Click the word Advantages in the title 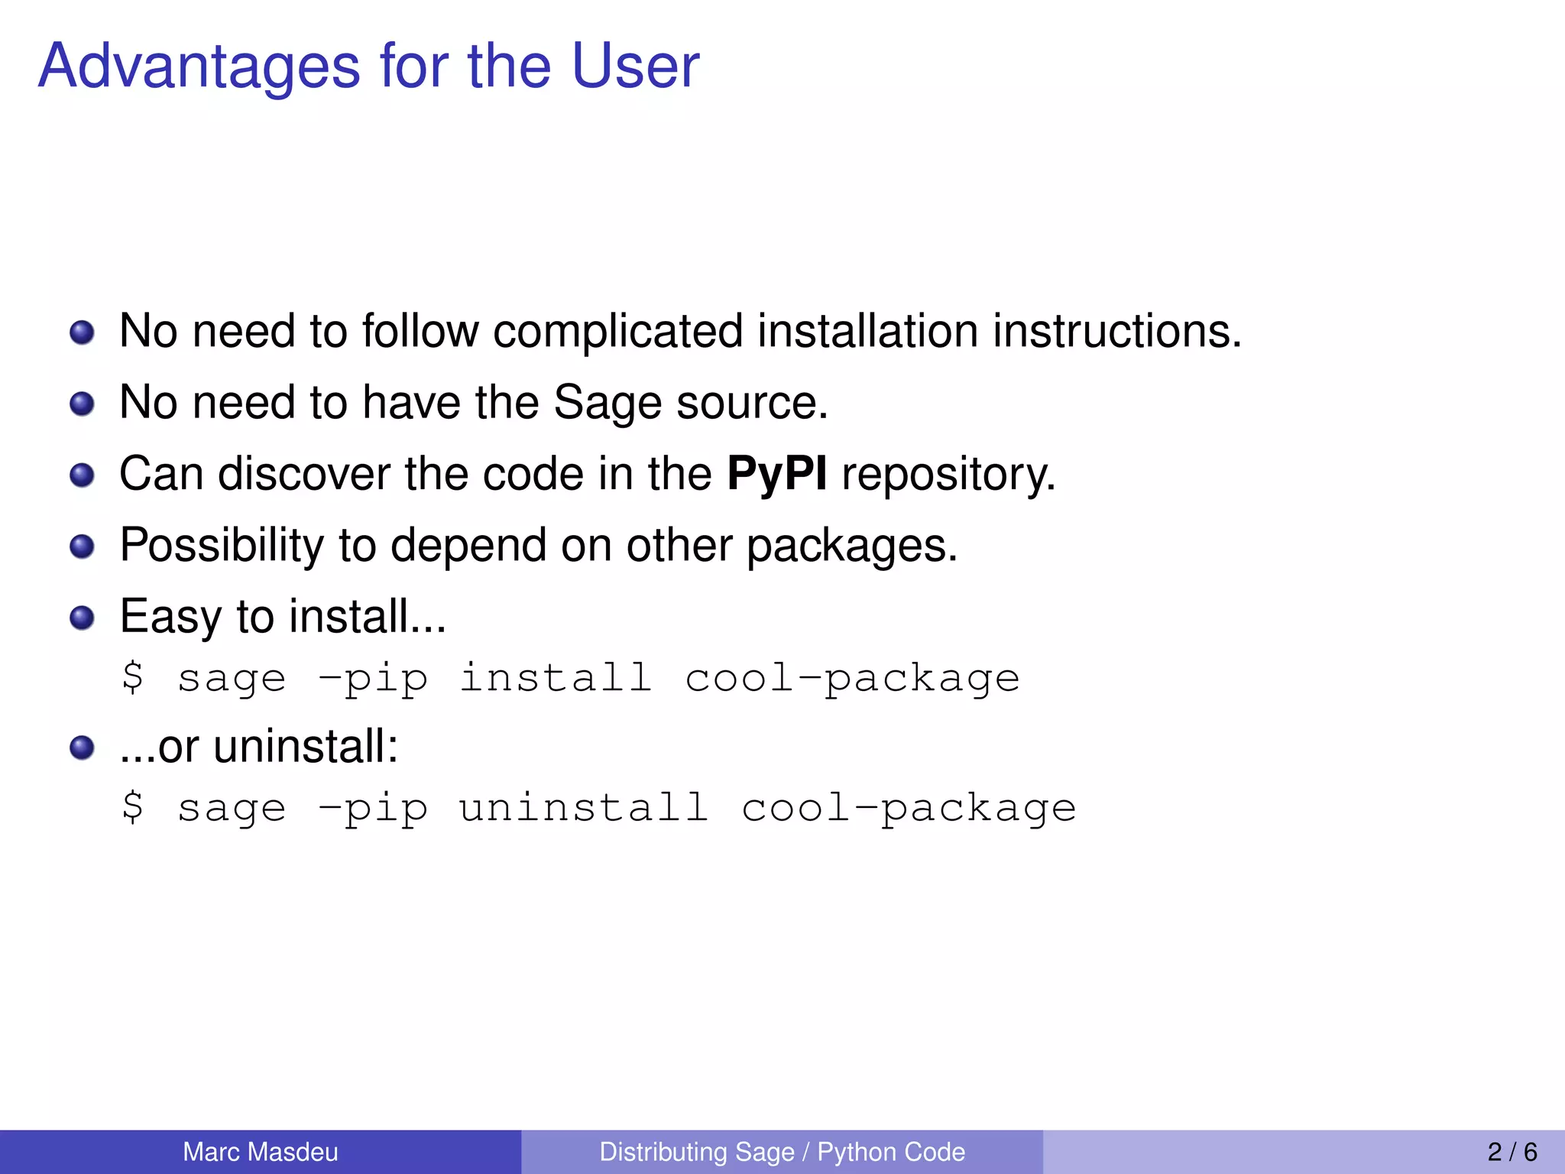point(199,67)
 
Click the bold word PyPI point(776,475)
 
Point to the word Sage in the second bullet point(607,404)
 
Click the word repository point(948,475)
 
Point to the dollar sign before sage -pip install point(132,677)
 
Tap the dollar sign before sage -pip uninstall point(132,807)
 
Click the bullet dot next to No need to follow point(82,333)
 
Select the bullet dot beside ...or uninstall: point(82,748)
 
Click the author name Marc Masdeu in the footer point(260,1152)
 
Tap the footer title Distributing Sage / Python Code point(782,1152)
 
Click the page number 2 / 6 point(1512,1152)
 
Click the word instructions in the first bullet point(1116,332)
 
